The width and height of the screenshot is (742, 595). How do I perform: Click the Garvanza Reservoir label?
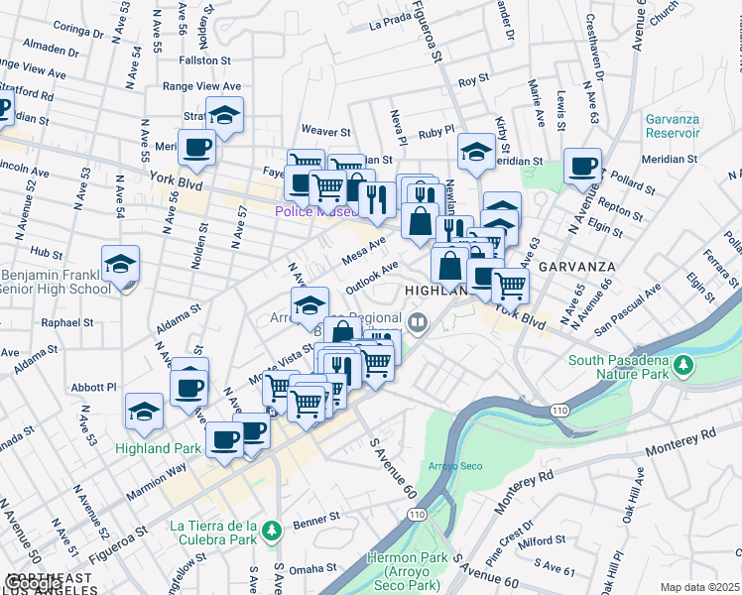tap(672, 125)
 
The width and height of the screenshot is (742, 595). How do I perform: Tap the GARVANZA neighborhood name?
tap(578, 268)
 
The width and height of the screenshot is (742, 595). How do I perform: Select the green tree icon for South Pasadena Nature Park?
tap(681, 366)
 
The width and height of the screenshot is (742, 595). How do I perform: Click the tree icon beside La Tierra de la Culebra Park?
tap(270, 533)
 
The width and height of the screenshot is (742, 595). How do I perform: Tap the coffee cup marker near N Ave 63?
tap(582, 167)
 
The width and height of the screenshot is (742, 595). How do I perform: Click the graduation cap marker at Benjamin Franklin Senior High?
tap(120, 265)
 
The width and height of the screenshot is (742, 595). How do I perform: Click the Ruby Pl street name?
tap(435, 130)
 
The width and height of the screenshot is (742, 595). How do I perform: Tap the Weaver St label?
tap(326, 130)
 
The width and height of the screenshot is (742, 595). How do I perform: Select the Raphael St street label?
tap(67, 322)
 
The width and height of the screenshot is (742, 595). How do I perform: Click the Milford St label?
tap(541, 541)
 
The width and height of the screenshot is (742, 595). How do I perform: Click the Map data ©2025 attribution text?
tap(699, 587)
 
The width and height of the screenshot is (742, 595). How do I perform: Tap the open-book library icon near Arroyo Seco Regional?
tap(419, 321)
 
